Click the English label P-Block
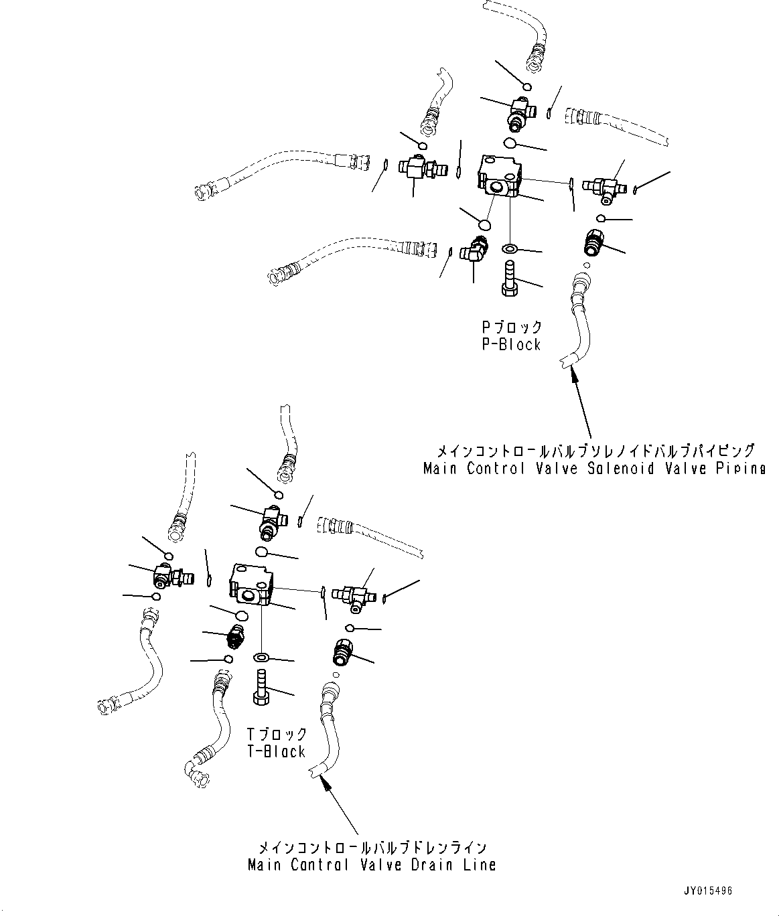click(511, 345)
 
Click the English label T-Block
click(275, 751)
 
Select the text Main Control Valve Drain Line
click(372, 864)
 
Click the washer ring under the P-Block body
click(510, 249)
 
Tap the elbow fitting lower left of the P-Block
click(476, 252)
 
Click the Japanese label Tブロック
click(275, 735)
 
